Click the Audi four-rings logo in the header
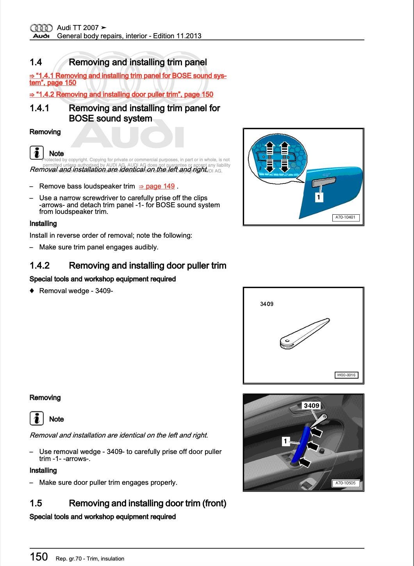41,28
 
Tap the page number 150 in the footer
39,557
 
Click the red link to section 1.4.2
121,94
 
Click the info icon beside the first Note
36,153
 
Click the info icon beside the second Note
36,418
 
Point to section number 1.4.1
39,109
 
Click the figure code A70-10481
345,217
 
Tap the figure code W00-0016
346,375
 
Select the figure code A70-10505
345,483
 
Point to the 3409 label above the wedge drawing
267,304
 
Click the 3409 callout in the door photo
311,406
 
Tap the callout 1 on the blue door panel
318,198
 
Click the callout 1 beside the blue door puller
286,441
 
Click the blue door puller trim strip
301,445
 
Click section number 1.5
36,504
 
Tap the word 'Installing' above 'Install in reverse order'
43,224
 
